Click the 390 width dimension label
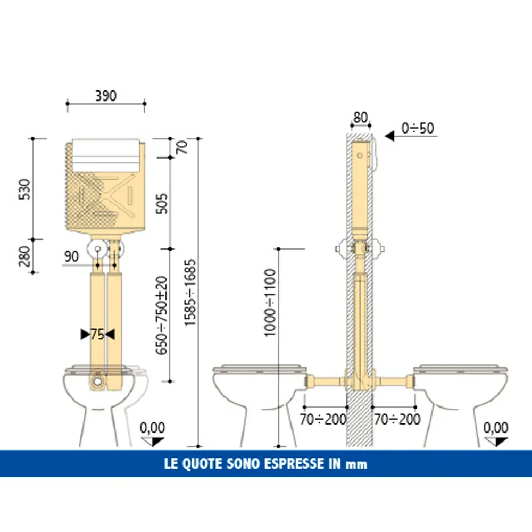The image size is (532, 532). tap(106, 96)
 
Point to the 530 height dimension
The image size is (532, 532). tap(25, 189)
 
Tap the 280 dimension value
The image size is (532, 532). tap(25, 256)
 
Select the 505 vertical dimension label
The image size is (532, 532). tap(162, 204)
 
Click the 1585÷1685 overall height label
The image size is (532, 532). tap(190, 293)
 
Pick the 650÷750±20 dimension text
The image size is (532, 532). tap(162, 315)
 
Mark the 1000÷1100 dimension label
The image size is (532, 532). tap(270, 303)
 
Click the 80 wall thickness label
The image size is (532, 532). tap(360, 118)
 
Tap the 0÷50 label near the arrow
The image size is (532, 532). tap(418, 128)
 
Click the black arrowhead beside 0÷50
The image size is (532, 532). tap(389, 136)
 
